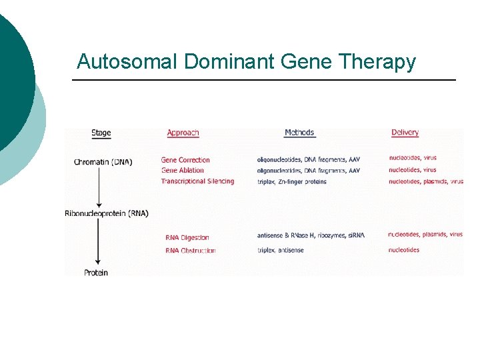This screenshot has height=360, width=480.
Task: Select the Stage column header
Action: [101, 133]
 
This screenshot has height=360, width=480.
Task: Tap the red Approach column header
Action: [183, 133]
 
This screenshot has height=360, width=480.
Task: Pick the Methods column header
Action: [299, 133]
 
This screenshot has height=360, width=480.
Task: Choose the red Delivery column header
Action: [405, 133]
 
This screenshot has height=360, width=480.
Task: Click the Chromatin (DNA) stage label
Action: [103, 162]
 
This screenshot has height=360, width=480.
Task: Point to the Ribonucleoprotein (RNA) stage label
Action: [107, 213]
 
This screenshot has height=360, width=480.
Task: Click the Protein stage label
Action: [96, 273]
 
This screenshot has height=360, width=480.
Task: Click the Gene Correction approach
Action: [185, 160]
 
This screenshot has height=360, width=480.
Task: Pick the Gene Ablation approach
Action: [183, 171]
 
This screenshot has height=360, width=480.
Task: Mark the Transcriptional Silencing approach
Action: [197, 181]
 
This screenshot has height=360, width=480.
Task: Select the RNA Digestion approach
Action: [187, 237]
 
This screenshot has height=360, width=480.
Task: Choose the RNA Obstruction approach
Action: [191, 251]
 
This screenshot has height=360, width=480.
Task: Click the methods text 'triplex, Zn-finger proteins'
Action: [292, 181]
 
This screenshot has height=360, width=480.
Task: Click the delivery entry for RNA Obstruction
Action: [404, 250]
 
